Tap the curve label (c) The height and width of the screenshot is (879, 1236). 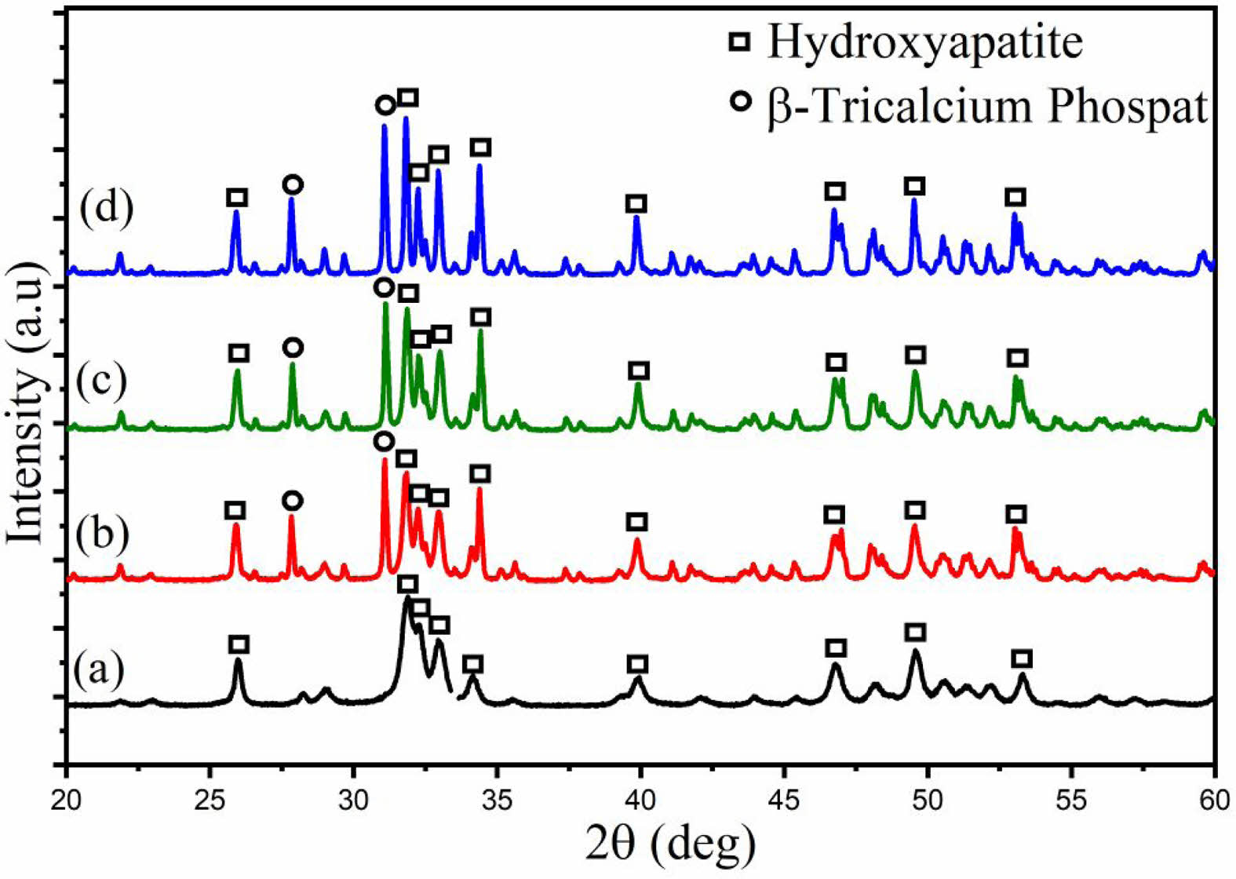pos(102,382)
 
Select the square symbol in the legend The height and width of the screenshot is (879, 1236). pos(738,43)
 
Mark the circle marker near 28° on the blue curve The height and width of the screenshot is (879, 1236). pos(293,184)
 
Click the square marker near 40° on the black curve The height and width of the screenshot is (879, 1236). pos(638,665)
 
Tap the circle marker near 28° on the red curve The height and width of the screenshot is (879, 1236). pos(292,501)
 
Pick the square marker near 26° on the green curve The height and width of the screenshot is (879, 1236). pos(239,353)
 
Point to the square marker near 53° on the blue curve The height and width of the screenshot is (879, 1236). pos(1016,197)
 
